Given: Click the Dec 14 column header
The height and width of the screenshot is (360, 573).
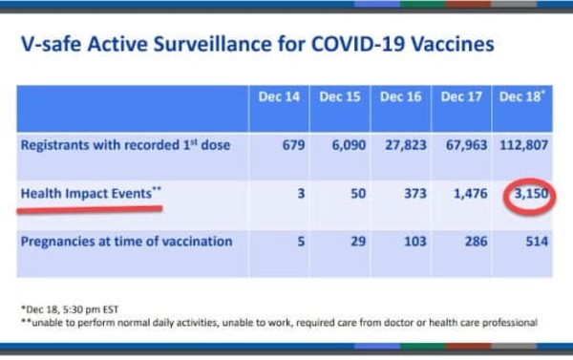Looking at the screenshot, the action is (279, 96).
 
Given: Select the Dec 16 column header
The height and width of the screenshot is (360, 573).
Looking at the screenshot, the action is (400, 96).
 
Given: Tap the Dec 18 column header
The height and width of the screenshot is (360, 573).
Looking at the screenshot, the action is (521, 96).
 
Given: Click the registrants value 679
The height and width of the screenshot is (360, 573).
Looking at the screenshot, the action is (293, 145).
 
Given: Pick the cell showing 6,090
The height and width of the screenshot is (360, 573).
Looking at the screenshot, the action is (349, 145).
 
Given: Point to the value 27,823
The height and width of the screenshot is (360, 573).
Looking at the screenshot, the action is (406, 145).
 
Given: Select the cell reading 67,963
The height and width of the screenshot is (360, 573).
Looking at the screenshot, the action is (466, 145).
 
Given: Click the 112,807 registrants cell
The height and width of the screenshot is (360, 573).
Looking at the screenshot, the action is (523, 145).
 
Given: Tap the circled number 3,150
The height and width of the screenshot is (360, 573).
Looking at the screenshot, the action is (531, 193).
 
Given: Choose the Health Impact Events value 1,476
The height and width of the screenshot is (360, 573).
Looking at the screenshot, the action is (470, 193).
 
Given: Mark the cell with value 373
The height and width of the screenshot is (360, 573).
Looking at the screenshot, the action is (415, 193).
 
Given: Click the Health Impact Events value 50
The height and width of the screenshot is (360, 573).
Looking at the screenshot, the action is (358, 193).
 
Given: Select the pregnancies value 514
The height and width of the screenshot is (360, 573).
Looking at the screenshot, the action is (537, 242).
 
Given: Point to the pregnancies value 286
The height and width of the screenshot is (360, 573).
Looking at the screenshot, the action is (476, 242).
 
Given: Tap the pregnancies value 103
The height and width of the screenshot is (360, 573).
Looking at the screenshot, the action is (415, 242).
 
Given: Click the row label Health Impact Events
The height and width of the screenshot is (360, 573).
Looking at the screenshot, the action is (91, 193).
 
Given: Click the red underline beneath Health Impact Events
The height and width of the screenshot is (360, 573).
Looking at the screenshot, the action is (90, 210).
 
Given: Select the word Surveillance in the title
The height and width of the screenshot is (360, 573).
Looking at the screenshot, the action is (212, 44).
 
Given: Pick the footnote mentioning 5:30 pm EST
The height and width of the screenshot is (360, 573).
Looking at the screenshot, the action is (70, 309).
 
